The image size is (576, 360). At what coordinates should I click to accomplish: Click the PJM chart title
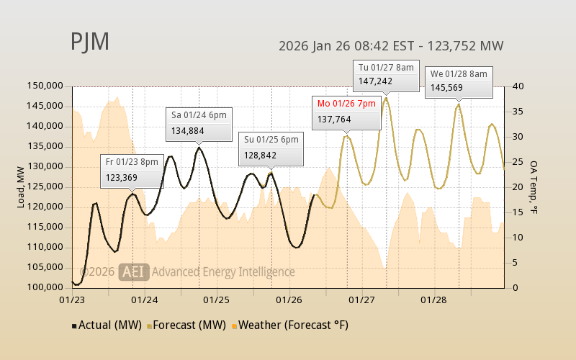coord(90,42)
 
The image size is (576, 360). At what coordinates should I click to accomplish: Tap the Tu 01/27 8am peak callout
coord(386,75)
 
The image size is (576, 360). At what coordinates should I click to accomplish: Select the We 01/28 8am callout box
coord(459,81)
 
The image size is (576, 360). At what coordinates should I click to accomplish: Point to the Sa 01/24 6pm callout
coord(199,123)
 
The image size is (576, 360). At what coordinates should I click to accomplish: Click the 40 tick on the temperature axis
coord(518,86)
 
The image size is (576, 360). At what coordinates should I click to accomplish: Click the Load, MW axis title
coord(22,186)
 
